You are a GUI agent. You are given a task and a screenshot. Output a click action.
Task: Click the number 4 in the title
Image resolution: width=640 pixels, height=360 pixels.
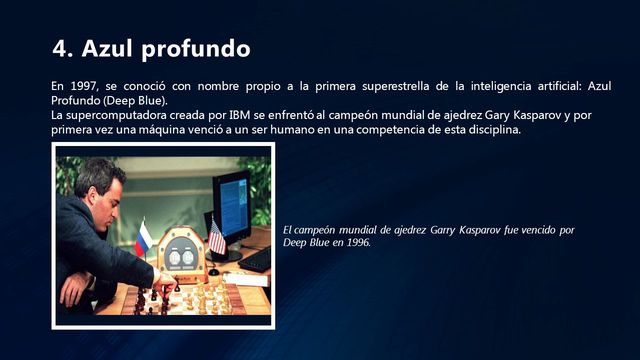pos(59,48)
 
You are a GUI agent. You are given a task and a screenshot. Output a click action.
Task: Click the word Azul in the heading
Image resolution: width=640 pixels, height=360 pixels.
pos(110,48)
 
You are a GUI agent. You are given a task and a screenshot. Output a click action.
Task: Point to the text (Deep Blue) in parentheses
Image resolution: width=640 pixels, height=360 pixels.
pos(139,101)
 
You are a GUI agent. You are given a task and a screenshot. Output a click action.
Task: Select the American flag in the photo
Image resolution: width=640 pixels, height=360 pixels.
pos(216,236)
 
